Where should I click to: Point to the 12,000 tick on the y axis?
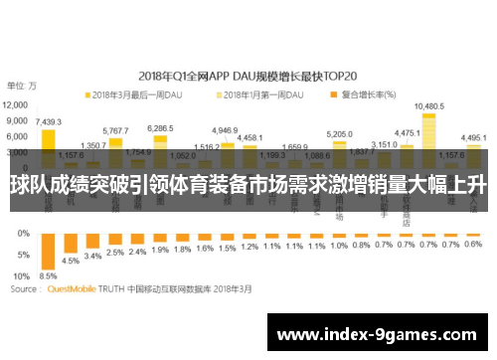click(16, 103)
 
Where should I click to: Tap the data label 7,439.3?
click(48, 121)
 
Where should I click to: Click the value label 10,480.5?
click(428, 105)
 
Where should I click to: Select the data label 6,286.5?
click(160, 127)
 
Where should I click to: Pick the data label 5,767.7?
click(115, 130)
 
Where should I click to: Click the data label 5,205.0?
click(340, 133)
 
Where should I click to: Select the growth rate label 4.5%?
click(71, 261)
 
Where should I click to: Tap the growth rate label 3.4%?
click(92, 256)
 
